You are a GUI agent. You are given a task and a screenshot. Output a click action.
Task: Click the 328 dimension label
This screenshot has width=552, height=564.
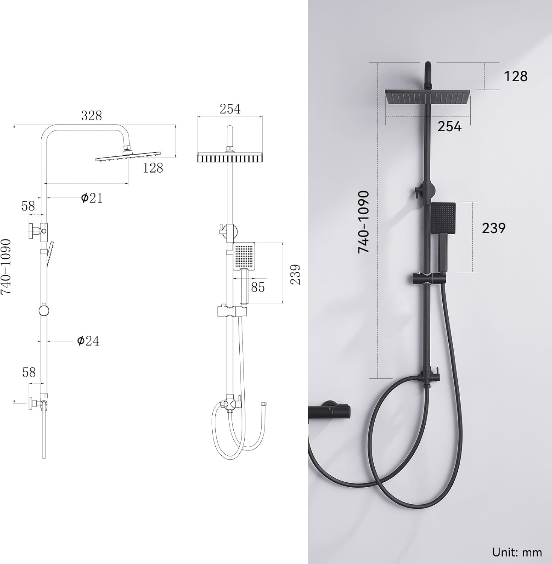point(92,115)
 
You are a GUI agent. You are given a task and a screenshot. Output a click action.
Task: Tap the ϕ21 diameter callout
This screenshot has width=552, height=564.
point(92,197)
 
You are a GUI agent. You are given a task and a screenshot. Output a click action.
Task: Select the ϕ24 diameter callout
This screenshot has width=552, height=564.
point(88,341)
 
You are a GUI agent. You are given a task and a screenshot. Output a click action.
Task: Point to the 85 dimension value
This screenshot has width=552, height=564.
point(258,287)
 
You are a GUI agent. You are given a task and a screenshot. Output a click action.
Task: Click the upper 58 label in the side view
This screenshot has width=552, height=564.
point(28,206)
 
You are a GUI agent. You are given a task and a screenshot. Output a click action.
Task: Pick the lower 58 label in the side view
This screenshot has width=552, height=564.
point(29,372)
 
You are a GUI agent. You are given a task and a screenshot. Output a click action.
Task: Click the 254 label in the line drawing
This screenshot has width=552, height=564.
point(230,109)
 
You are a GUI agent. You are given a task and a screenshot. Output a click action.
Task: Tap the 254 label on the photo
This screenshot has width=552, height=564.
point(449,126)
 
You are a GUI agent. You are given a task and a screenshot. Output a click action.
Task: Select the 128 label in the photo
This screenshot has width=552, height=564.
point(515,76)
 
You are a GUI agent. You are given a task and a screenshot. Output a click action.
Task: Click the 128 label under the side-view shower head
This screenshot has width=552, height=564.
point(153,168)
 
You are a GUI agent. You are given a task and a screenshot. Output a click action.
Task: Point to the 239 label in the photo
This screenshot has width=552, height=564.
point(494,228)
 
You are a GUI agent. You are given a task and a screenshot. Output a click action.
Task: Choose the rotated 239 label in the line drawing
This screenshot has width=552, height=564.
point(296,274)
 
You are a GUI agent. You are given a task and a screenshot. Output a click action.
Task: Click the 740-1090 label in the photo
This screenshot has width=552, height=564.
point(363,222)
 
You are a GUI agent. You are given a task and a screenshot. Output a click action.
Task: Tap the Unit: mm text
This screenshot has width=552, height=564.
point(517,552)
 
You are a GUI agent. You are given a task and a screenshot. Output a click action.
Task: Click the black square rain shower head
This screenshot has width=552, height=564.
point(427,97)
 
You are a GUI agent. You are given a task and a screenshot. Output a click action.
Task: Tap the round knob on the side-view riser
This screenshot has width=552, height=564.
point(44,311)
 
